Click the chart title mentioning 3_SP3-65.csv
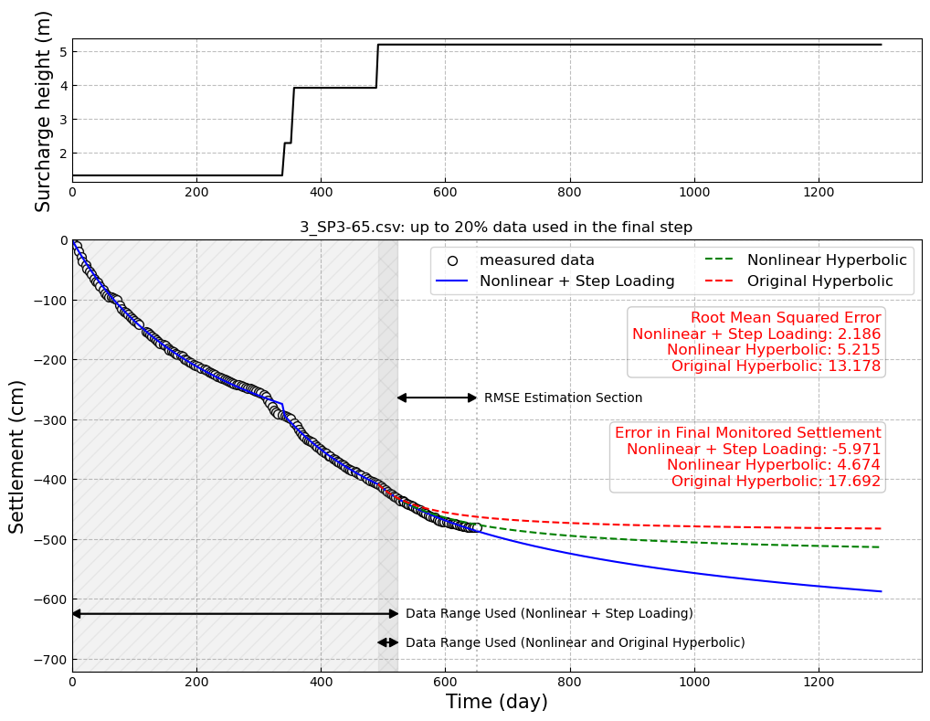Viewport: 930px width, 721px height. coord(496,228)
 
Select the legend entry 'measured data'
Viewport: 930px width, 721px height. coord(536,260)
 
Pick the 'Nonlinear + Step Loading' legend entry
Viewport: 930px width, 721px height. coord(576,281)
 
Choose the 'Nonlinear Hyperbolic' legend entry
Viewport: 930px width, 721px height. coord(827,260)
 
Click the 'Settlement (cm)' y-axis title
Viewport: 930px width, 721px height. coord(17,456)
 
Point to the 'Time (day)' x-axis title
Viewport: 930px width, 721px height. coord(496,702)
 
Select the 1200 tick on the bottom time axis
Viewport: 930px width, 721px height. coord(818,683)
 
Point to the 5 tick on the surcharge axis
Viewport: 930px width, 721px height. coord(63,52)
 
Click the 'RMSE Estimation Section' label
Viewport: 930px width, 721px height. coord(563,398)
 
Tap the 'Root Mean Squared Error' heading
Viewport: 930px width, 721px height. coord(786,318)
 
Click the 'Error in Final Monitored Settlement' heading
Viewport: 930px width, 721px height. coord(747,433)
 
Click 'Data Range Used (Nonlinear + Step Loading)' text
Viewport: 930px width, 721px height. coord(549,614)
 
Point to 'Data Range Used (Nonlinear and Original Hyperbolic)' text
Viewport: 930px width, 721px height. coord(575,643)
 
